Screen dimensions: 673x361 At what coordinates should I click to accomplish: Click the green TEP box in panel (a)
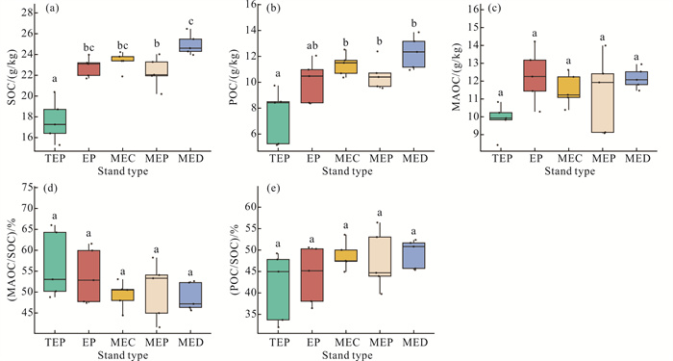pos(56,121)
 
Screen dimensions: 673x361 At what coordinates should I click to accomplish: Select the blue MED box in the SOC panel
pos(190,45)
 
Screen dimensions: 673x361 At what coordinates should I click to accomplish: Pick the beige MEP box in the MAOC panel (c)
pos(604,103)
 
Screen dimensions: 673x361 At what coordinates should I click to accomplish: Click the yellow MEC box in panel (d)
pos(123,295)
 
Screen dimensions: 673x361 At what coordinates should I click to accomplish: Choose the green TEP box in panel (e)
pos(280,290)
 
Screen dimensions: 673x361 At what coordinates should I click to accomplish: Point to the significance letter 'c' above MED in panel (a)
pos(191,21)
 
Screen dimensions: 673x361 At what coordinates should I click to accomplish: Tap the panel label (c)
pos(492,8)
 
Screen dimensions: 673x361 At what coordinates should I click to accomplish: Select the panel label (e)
pos(273,188)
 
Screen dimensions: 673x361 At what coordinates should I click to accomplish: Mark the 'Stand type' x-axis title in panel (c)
pos(570,171)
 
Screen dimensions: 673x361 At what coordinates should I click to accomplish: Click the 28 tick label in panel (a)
pos(27,13)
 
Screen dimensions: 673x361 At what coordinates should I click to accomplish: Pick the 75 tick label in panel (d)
pos(27,188)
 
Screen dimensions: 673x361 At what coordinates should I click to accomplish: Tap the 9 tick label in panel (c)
pos(472,135)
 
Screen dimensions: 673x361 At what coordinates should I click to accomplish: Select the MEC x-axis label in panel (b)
pos(347,159)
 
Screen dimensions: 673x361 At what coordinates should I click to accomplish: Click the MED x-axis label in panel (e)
pos(415,343)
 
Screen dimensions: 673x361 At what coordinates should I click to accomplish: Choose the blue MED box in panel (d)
pos(190,295)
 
